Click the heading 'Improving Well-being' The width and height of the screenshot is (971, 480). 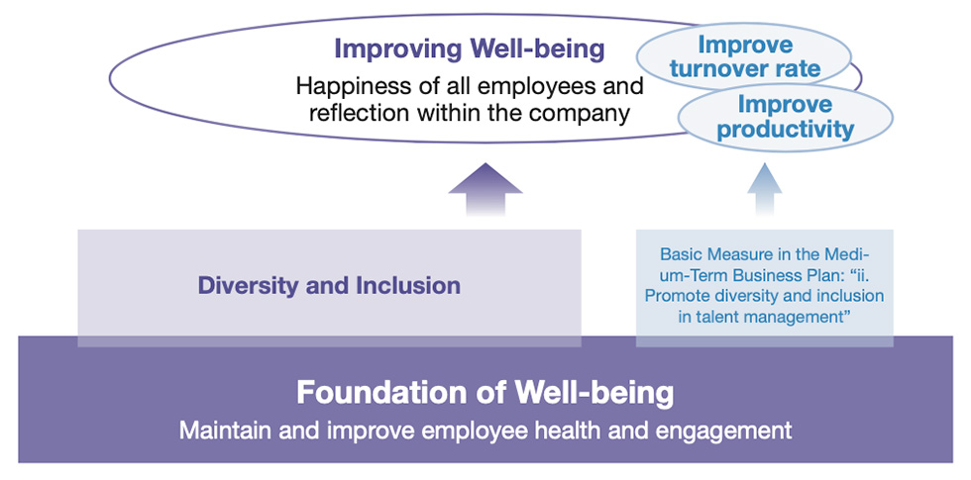[x=470, y=50]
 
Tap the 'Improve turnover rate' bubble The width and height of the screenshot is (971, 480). [x=745, y=56]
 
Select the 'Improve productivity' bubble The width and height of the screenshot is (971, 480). [x=786, y=118]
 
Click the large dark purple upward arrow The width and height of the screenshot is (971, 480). [x=485, y=189]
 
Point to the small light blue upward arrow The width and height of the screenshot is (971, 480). [x=765, y=189]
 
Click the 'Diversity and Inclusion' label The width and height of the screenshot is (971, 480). [x=329, y=286]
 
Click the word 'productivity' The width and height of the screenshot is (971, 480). [x=786, y=130]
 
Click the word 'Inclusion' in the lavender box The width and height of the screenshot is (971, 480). [x=407, y=286]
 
